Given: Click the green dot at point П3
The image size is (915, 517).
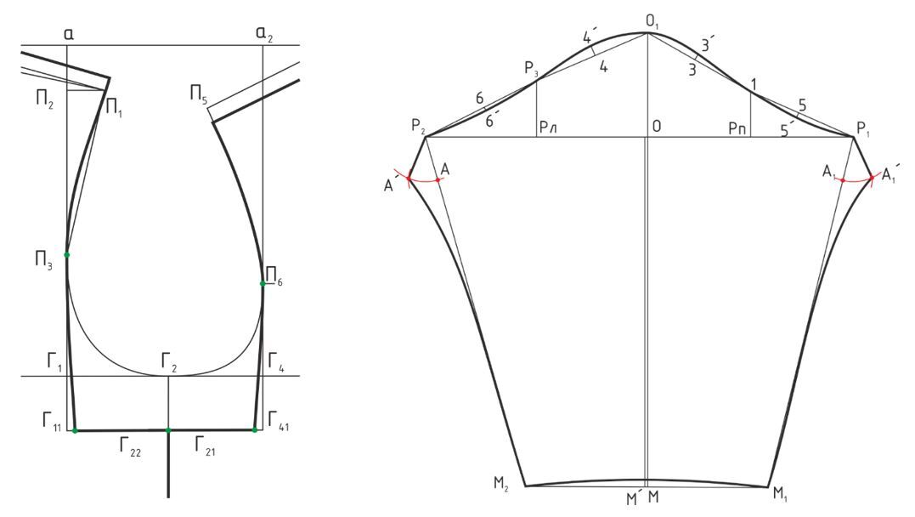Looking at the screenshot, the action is (66, 255).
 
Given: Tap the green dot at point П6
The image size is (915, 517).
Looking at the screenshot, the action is (263, 283).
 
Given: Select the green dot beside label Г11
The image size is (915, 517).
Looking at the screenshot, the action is (75, 430).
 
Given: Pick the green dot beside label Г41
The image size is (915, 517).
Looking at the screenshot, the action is (254, 430).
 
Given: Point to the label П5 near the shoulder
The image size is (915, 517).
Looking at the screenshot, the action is (199, 94).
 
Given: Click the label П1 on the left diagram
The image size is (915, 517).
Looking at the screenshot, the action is (114, 107).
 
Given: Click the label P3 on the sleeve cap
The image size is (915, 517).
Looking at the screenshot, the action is (531, 70).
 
